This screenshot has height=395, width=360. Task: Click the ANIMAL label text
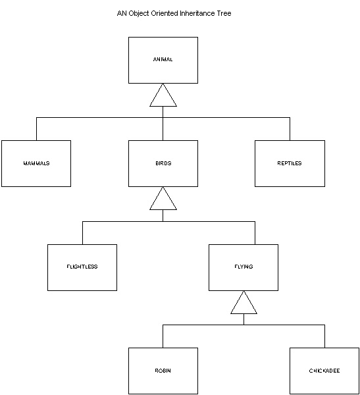point(163,59)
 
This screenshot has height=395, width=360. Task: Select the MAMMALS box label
point(36,163)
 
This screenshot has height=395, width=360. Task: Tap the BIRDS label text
point(163,163)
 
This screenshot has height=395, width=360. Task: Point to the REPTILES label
point(290,163)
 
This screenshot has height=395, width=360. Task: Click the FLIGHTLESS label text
point(82,267)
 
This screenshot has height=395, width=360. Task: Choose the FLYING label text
point(244,267)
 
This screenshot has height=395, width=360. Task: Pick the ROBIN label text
point(163,371)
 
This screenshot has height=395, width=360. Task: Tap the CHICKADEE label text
point(324,371)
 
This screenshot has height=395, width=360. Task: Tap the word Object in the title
point(139,14)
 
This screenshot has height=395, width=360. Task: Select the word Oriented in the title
point(165,13)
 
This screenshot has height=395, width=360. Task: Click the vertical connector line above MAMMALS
point(37,129)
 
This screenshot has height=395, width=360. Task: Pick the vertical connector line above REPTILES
point(290,129)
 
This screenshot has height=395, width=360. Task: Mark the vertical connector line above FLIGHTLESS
point(83,233)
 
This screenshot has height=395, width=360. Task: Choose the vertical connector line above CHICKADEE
point(324,336)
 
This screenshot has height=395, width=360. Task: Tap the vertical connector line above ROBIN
point(163,336)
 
